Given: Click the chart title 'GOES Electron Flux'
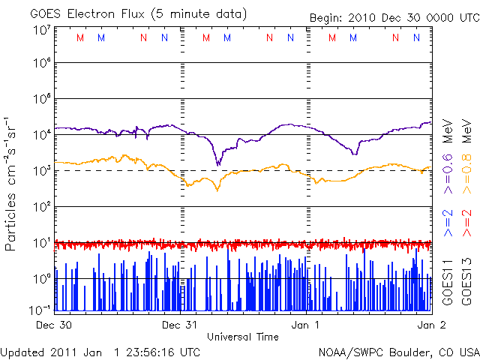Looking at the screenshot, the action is [87, 13].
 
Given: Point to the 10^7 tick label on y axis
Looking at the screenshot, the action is [43, 31].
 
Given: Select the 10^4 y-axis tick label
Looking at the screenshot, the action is [43, 134].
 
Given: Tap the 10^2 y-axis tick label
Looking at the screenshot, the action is [43, 206].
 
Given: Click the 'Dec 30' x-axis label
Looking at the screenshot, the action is [54, 325].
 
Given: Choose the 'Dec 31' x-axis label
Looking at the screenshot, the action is [180, 325].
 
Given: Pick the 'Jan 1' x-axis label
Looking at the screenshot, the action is [305, 325].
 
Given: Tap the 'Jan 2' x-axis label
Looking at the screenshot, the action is [431, 325].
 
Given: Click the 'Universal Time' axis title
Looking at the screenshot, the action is [243, 337].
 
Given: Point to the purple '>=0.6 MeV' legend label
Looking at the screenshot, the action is [448, 156].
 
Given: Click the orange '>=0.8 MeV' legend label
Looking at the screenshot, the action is [466, 156].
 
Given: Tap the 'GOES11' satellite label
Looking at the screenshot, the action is [448, 282].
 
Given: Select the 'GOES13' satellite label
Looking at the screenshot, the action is [466, 282].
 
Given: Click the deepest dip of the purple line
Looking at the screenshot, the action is [218, 165].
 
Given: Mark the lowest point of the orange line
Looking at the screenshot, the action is [217, 190].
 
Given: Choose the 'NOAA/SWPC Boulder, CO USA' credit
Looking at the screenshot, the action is [399, 352].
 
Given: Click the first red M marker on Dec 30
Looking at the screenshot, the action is [80, 37].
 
